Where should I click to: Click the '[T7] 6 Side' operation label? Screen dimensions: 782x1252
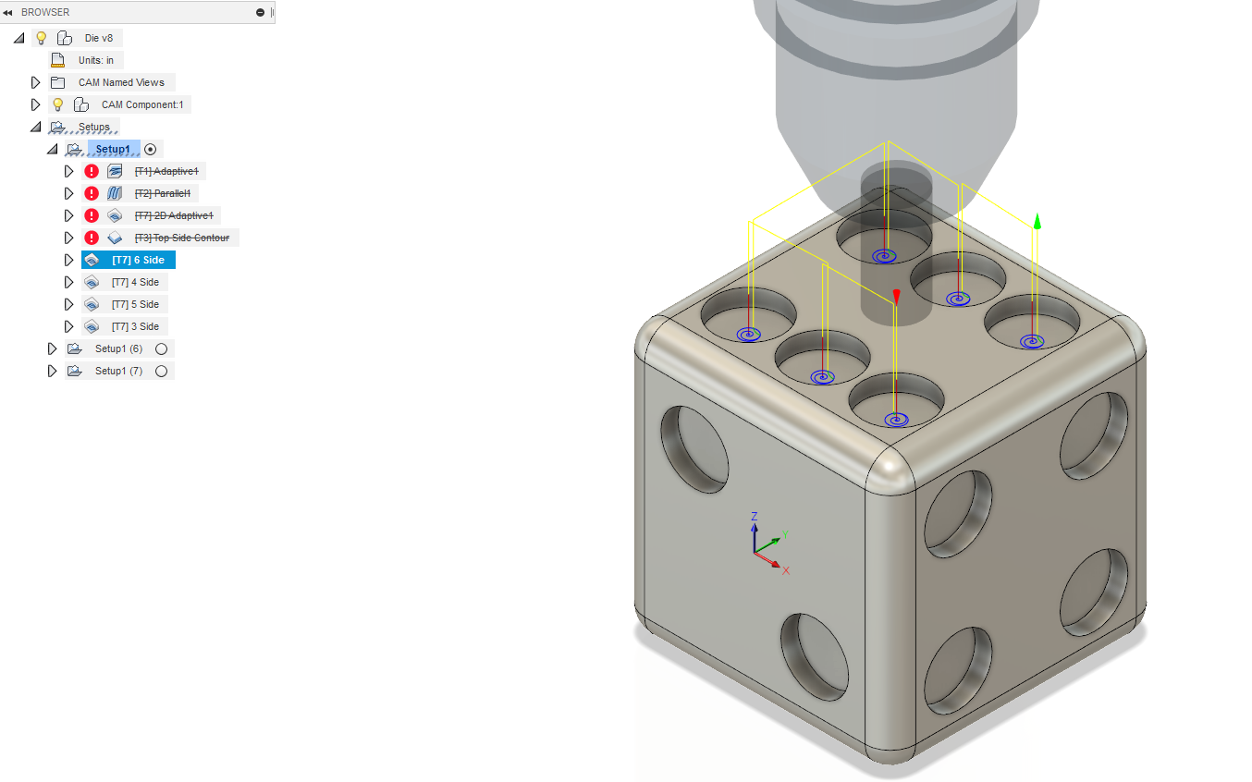tap(138, 260)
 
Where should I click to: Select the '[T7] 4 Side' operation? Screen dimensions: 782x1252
tap(135, 282)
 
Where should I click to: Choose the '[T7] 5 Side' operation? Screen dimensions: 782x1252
tap(135, 304)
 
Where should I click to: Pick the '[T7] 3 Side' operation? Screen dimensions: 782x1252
tap(135, 326)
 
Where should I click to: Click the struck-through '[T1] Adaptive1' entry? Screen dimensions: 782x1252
tap(166, 171)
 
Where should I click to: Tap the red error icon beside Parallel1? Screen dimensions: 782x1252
tap(92, 193)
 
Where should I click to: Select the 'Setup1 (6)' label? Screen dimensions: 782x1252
tap(118, 348)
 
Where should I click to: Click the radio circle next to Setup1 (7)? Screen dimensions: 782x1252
tap(162, 371)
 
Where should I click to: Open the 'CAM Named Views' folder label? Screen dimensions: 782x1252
tap(121, 82)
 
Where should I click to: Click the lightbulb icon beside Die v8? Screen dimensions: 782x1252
tap(41, 38)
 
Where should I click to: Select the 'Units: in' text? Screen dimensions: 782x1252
tap(96, 60)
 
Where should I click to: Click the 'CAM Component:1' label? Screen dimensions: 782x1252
tap(142, 104)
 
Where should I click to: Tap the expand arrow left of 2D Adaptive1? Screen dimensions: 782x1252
tap(68, 215)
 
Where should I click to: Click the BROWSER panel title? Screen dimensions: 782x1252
tap(45, 12)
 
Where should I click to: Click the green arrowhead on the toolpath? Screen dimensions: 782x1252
tap(1037, 221)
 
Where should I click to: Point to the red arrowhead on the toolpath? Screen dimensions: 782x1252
tap(895, 296)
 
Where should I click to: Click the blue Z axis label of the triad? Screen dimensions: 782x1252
tap(755, 516)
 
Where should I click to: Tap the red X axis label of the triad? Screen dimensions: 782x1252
tap(786, 570)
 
